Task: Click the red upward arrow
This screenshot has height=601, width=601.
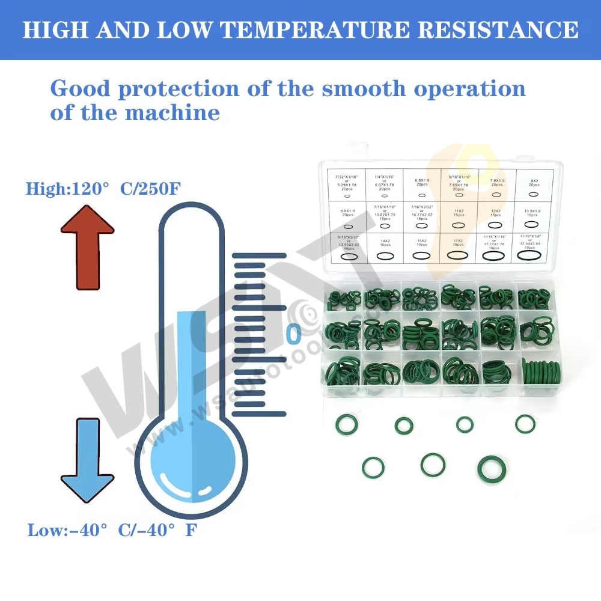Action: pyautogui.click(x=87, y=246)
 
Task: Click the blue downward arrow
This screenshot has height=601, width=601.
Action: pyautogui.click(x=87, y=460)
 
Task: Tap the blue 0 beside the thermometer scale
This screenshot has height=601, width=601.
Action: pyautogui.click(x=293, y=333)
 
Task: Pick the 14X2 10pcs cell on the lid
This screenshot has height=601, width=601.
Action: pyautogui.click(x=385, y=249)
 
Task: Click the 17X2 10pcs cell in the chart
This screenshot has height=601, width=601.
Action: pyautogui.click(x=458, y=249)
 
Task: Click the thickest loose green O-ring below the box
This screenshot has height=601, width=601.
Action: pyautogui.click(x=491, y=469)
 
